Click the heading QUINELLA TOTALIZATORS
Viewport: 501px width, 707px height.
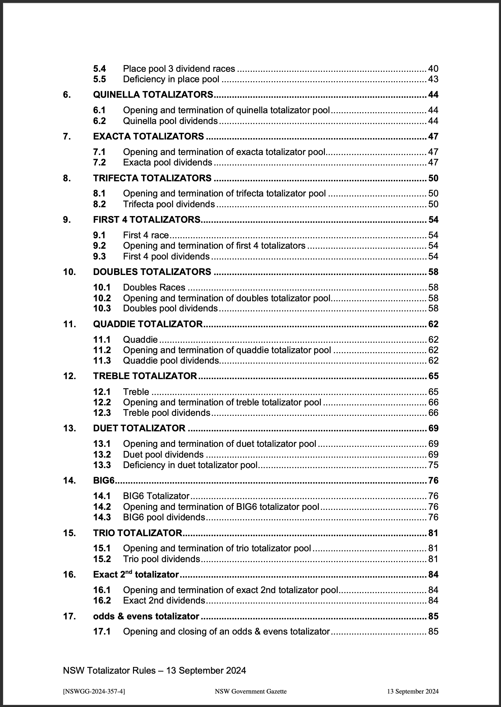[x=153, y=95]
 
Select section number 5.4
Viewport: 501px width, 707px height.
[x=99, y=69]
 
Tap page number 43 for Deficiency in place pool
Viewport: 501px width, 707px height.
[x=433, y=79]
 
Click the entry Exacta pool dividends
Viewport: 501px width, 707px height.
[x=167, y=162]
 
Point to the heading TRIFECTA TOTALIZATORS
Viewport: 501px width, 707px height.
[x=152, y=178]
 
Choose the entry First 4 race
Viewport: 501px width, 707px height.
[x=146, y=235]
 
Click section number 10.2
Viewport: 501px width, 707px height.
[x=102, y=298]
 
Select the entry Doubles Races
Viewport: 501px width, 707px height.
[x=154, y=287]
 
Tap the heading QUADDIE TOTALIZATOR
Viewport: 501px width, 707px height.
[x=148, y=324]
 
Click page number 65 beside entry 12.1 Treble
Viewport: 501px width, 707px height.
[x=433, y=392]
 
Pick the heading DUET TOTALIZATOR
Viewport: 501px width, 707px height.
[x=139, y=428]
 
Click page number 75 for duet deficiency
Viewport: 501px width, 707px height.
[x=433, y=465]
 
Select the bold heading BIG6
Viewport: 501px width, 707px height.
[x=104, y=481]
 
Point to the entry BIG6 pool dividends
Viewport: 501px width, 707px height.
[x=164, y=517]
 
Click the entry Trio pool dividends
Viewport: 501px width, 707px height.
[x=162, y=559]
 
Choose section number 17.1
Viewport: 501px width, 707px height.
[x=102, y=632]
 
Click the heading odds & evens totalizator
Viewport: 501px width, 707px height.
[x=146, y=616]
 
